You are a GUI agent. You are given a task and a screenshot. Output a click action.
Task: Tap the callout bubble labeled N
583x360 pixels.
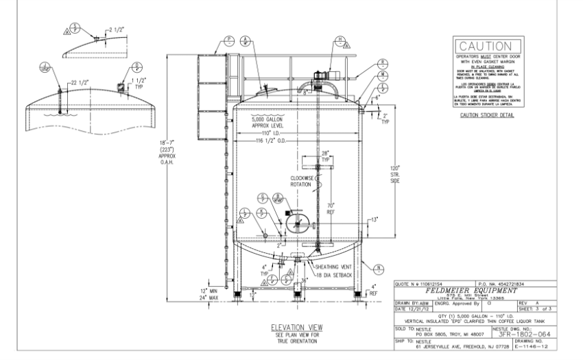pyautogui.click(x=379, y=266)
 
